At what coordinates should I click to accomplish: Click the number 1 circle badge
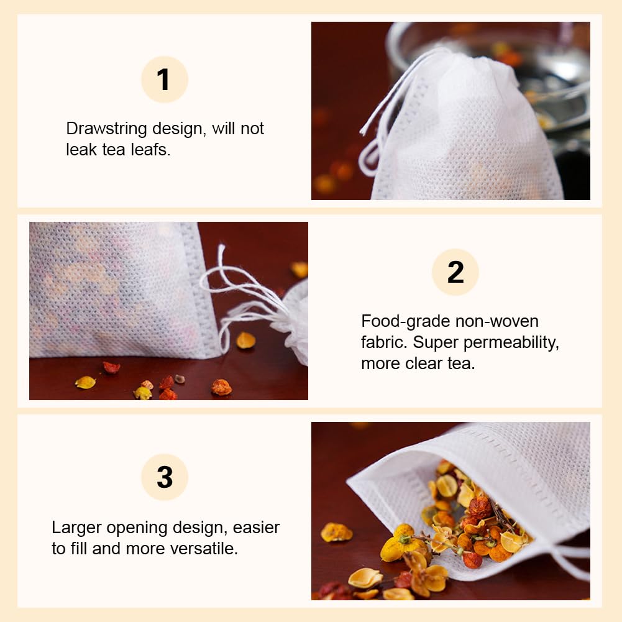[x=164, y=80]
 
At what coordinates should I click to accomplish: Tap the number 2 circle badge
[x=455, y=272]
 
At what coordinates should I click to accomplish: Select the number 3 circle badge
[x=164, y=477]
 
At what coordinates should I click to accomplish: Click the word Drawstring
[x=106, y=129]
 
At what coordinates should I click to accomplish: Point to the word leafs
[x=150, y=150]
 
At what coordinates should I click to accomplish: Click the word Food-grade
[x=405, y=322]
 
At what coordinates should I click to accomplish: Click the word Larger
[x=76, y=528]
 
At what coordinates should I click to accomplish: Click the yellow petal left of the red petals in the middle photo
[x=85, y=382]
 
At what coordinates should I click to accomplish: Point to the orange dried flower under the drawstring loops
[x=221, y=387]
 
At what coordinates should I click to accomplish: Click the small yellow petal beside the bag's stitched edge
[x=246, y=341]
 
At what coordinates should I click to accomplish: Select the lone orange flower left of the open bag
[x=336, y=533]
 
